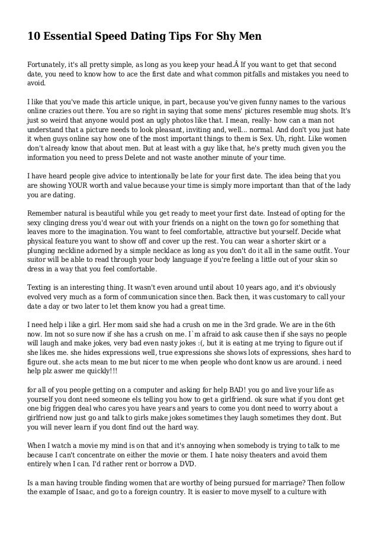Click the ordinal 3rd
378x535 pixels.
coord(251,325)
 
